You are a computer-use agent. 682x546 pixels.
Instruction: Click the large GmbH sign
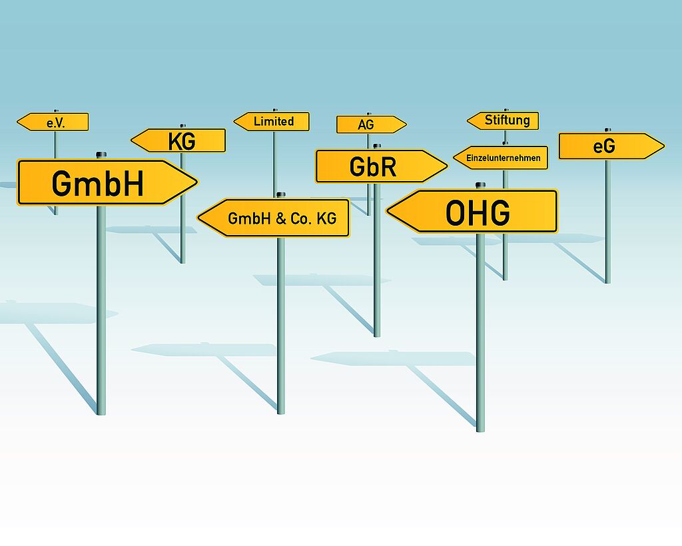100,182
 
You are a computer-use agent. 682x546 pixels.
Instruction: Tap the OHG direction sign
477,212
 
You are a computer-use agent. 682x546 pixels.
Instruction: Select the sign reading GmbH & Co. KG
280,218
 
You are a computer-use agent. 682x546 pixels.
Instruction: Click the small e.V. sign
55,123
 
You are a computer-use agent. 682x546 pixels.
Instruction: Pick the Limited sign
273,121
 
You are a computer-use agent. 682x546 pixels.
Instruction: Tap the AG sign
368,125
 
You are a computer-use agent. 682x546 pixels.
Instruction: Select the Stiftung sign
506,121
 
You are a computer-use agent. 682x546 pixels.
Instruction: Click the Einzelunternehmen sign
502,158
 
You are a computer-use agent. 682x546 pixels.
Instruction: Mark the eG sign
606,146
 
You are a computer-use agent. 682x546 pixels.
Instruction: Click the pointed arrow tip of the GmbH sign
195,182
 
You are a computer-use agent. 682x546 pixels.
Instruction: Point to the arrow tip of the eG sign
662,146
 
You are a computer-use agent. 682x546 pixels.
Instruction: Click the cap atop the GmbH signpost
101,154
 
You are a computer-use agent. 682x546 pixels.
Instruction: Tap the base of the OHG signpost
480,429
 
